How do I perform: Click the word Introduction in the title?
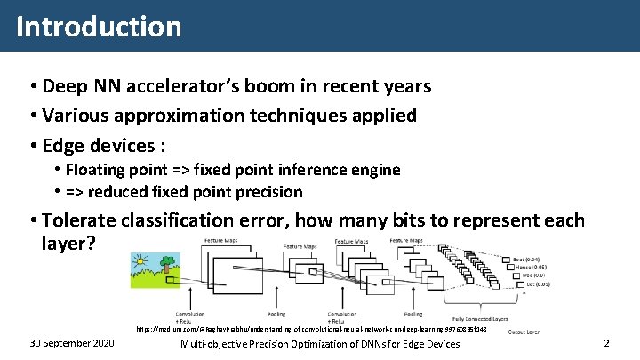(x=99, y=27)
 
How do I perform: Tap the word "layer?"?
(x=68, y=243)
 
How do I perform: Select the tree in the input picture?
(x=166, y=266)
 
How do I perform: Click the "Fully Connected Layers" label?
(x=480, y=317)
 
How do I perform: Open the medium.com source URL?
(x=311, y=329)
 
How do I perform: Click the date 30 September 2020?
(x=71, y=343)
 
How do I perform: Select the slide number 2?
(x=606, y=343)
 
